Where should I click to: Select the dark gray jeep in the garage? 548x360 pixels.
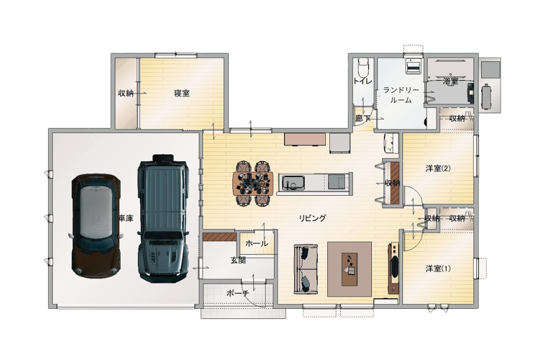coord(163,218)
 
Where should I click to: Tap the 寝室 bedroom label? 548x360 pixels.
coord(182,93)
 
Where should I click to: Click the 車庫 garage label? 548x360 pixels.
coord(126,218)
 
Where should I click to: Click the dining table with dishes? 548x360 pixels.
coord(253,184)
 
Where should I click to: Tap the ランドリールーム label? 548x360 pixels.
coord(401,95)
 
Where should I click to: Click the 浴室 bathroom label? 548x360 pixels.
coord(450,82)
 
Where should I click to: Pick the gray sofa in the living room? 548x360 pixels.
coord(306,269)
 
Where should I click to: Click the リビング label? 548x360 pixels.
coord(313,218)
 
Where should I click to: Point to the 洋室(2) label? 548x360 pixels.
coord(438,169)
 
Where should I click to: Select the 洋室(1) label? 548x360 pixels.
coord(438,269)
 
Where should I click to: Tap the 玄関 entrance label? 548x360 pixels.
coord(238,260)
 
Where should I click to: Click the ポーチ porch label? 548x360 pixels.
coord(238,293)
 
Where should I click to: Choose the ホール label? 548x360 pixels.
coord(257,243)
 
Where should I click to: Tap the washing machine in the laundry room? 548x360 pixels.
coord(413,66)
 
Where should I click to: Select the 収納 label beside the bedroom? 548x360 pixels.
coord(126,93)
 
